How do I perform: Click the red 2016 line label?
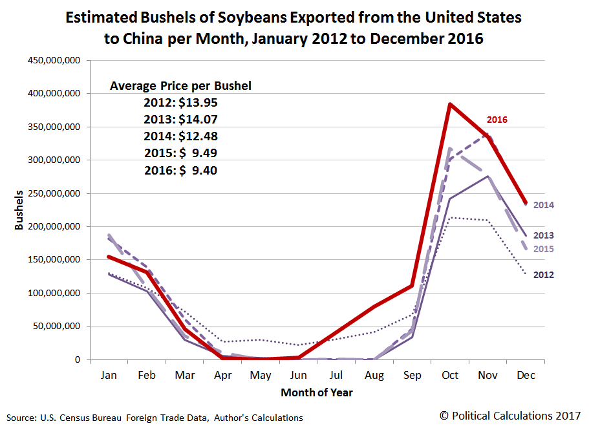click(497, 120)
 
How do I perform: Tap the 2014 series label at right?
click(543, 205)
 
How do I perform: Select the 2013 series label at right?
click(543, 235)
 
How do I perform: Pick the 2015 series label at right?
click(543, 249)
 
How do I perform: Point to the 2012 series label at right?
click(543, 275)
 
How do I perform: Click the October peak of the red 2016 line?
click(449, 104)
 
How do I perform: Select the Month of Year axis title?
click(317, 392)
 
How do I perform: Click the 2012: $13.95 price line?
click(180, 102)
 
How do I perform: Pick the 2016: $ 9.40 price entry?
click(180, 171)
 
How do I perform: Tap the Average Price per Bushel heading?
click(180, 85)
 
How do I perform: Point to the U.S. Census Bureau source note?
click(155, 418)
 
